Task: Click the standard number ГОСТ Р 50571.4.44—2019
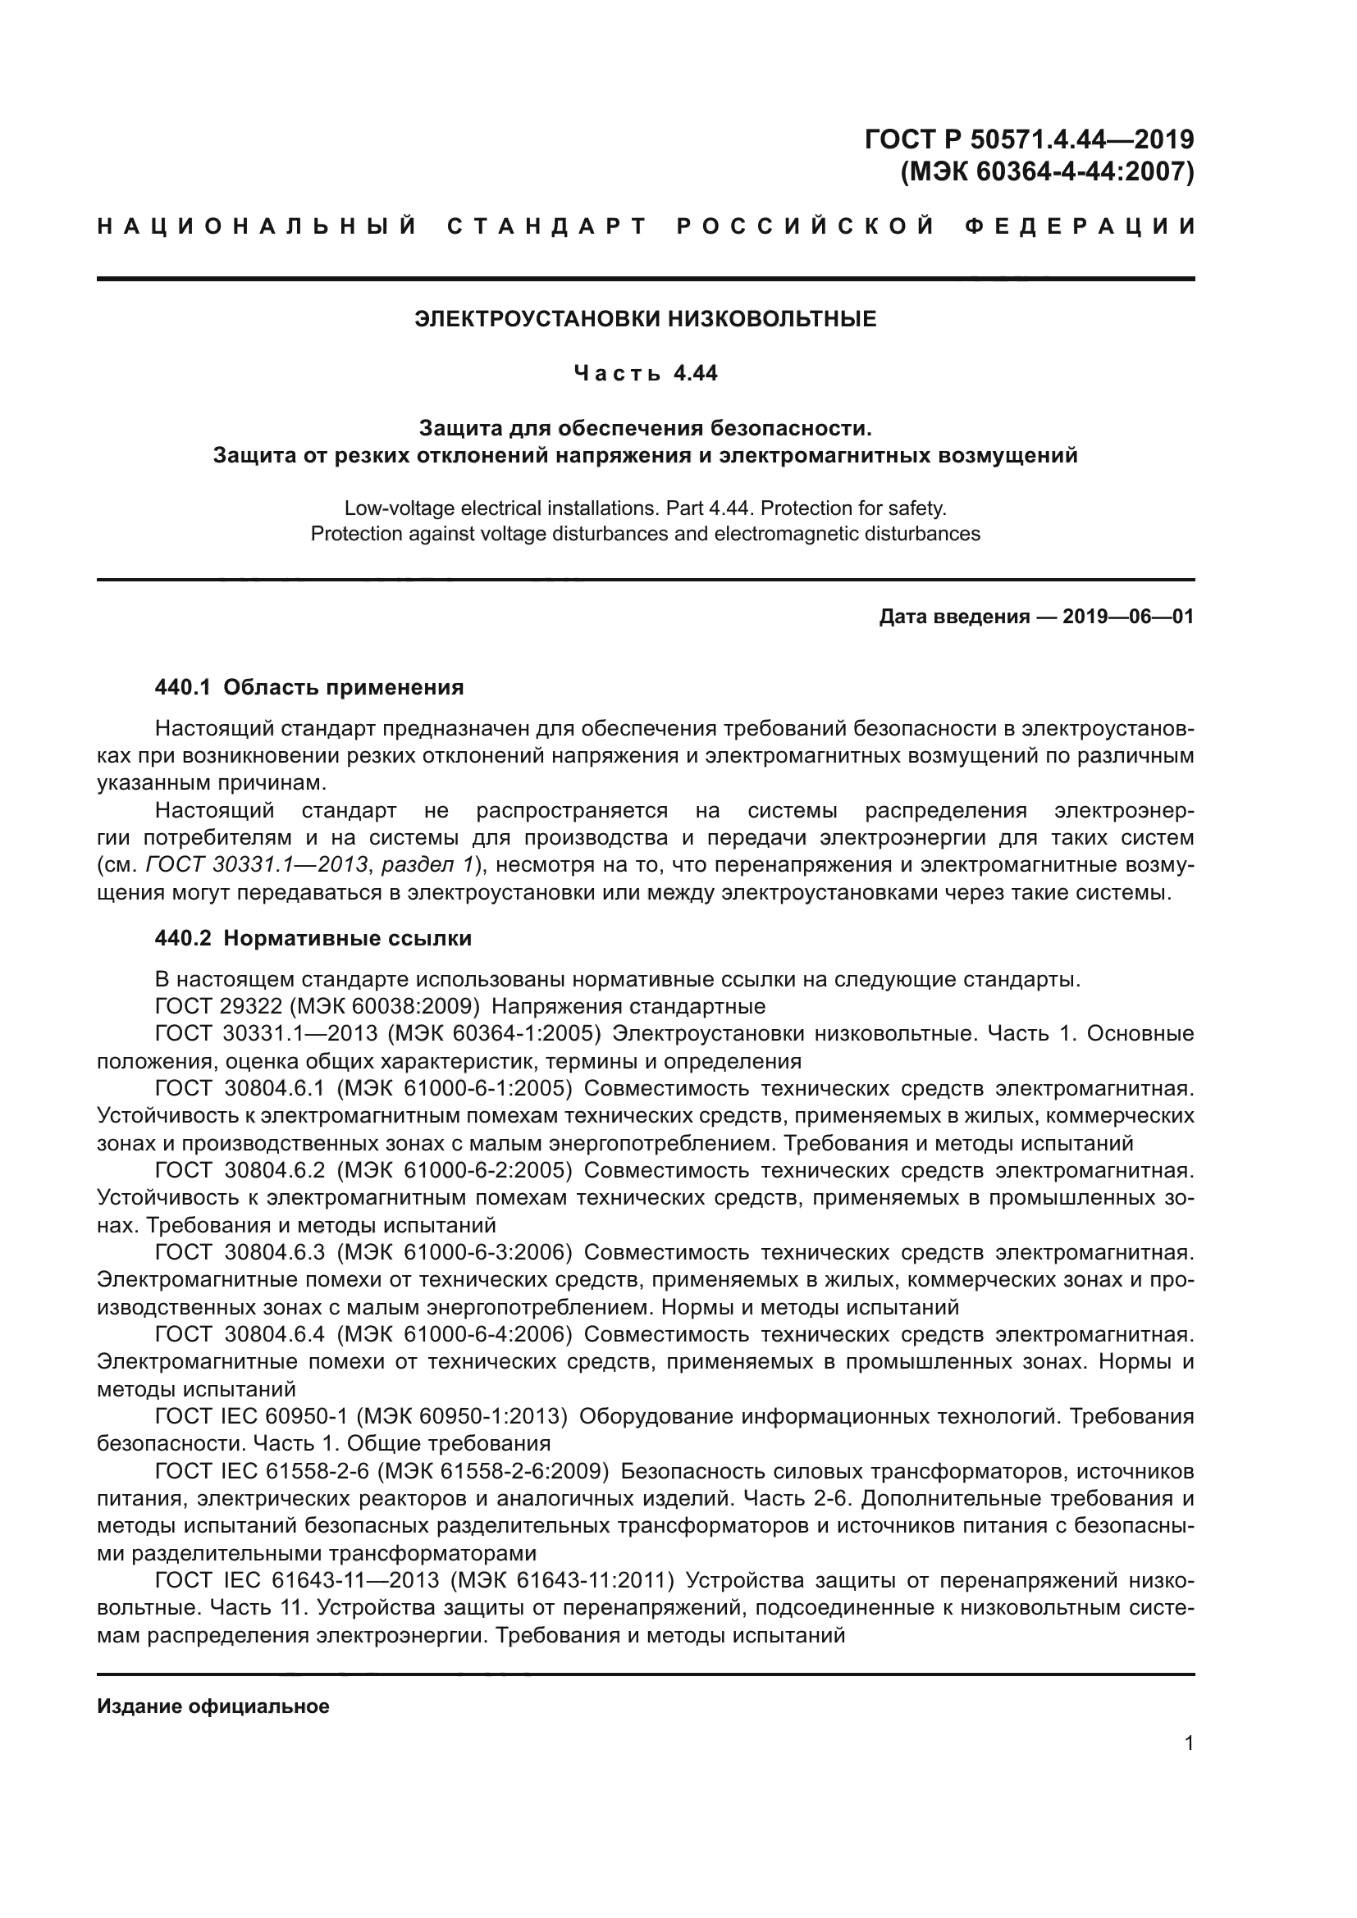(1029, 139)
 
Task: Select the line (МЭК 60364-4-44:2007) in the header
(1046, 172)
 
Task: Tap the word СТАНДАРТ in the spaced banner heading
(547, 226)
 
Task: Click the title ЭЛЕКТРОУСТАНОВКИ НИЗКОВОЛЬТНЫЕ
(645, 319)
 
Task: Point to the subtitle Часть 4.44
(645, 373)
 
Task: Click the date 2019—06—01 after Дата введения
(1127, 617)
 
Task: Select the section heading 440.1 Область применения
(309, 687)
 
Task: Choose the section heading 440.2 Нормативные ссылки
(313, 938)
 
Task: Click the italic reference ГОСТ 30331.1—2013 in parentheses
(257, 865)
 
